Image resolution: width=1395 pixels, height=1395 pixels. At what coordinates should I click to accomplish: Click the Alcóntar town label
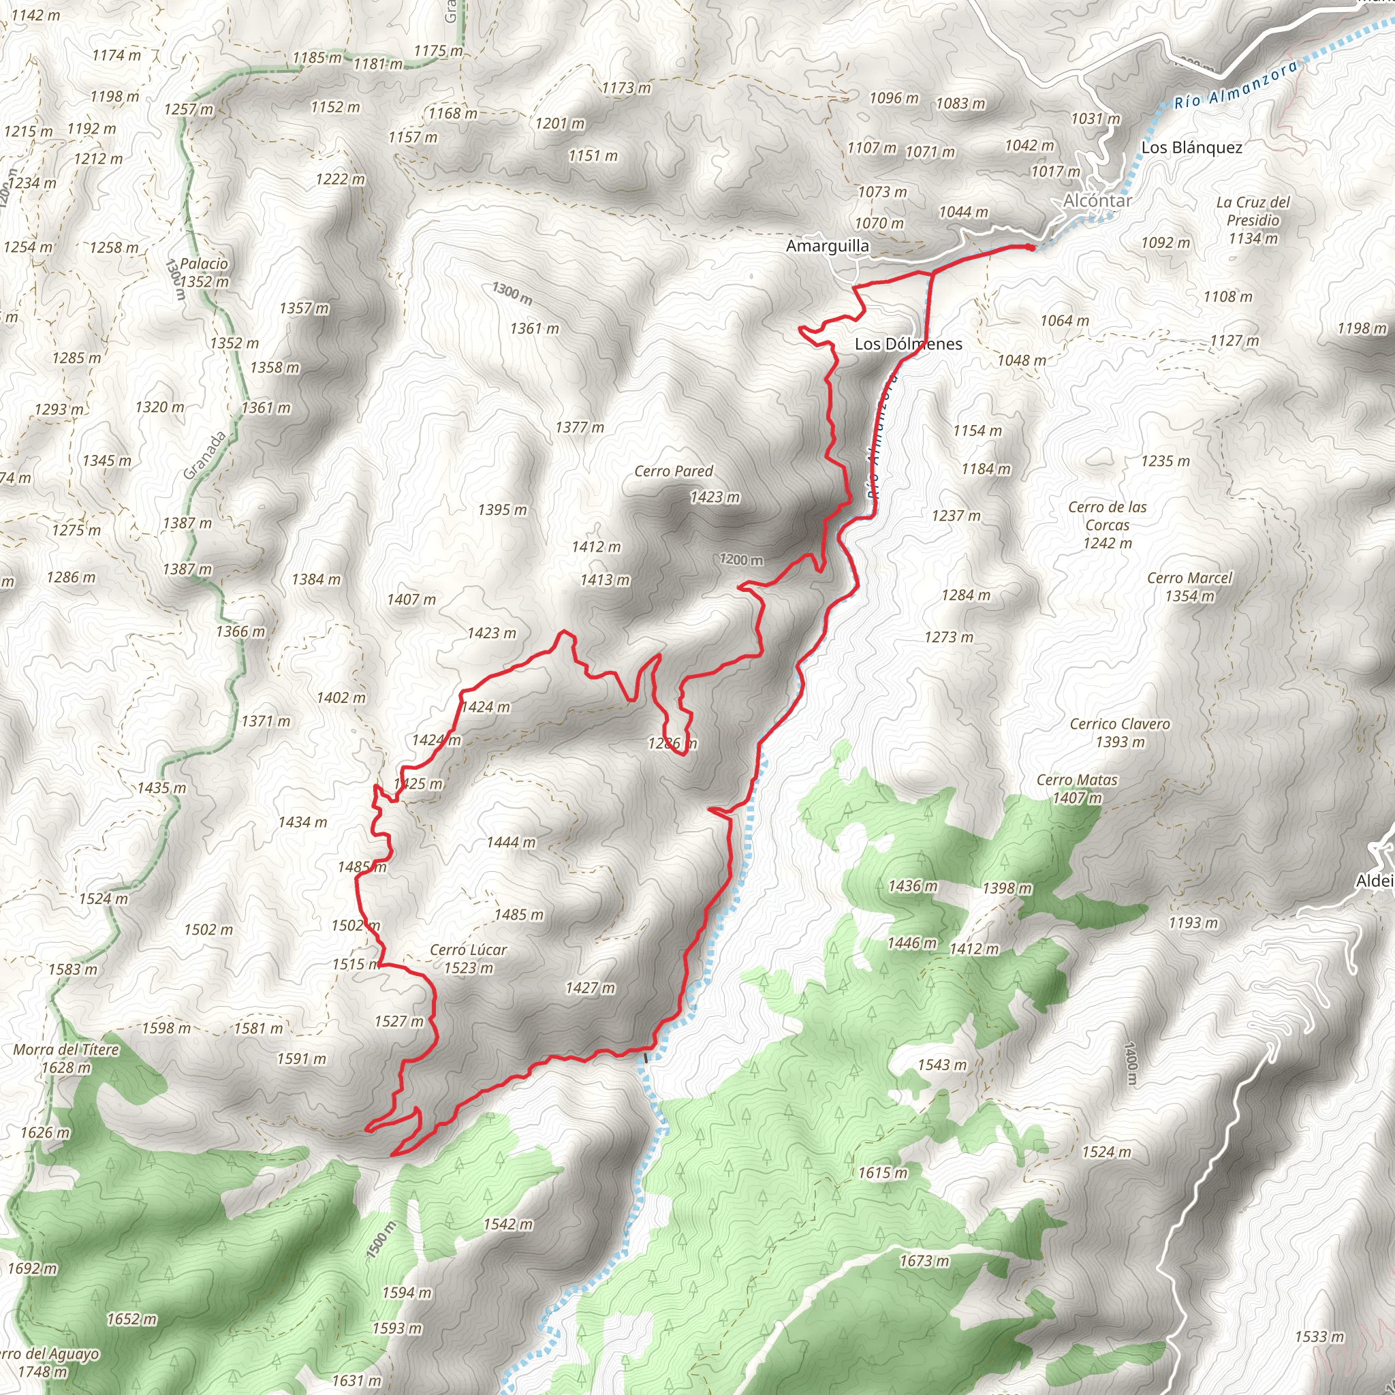[x=1097, y=201]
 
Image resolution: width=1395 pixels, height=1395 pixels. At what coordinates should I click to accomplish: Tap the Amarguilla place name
[x=828, y=246]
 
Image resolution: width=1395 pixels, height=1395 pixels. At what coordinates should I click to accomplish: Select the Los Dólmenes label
[x=909, y=344]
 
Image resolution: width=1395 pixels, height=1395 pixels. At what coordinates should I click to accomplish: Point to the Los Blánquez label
[x=1191, y=147]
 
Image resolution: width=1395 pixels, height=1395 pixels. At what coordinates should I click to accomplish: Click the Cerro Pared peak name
[x=673, y=471]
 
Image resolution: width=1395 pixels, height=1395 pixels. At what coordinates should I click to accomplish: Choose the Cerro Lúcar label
[x=468, y=950]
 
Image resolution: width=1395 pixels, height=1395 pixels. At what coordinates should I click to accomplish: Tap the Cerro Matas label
[x=1077, y=780]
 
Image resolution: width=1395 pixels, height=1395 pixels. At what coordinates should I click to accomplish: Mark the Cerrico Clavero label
[x=1119, y=723]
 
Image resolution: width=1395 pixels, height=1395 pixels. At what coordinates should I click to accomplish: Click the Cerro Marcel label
[x=1189, y=578]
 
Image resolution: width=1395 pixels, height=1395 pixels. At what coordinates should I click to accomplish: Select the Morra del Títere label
[x=67, y=1050]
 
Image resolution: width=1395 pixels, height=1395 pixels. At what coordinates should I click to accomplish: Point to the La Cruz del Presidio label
[x=1253, y=211]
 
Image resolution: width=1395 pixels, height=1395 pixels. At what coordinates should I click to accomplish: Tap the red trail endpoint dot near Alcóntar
[x=1031, y=248]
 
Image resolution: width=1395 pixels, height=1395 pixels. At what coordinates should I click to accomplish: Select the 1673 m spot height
[x=924, y=1261]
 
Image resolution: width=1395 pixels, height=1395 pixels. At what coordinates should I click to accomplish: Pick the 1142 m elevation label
[x=36, y=15]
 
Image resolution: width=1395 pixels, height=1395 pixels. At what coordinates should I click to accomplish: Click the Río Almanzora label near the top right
[x=1236, y=86]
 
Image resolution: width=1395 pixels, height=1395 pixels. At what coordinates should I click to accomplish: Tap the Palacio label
[x=204, y=264]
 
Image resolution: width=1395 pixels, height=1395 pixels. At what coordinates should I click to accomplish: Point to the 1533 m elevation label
[x=1319, y=1336]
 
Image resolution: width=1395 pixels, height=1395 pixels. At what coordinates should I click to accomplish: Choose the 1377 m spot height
[x=579, y=428]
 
